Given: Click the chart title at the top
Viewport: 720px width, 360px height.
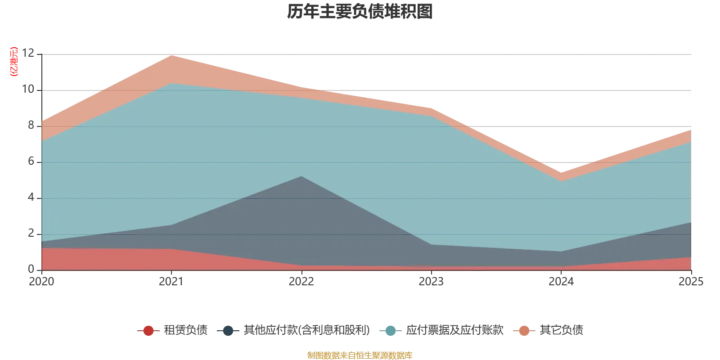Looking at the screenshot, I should click(360, 13).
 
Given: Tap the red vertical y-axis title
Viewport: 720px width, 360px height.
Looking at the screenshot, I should click(13, 62).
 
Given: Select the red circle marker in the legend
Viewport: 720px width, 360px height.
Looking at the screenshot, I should click(148, 331).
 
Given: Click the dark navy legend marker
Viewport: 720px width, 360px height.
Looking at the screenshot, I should click(228, 331).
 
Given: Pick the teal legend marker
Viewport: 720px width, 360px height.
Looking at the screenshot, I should click(391, 331).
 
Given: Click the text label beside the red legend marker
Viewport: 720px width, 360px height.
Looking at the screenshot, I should click(185, 331).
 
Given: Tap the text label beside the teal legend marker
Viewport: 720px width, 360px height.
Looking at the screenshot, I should click(454, 331).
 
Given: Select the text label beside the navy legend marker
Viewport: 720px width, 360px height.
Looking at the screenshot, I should click(306, 331).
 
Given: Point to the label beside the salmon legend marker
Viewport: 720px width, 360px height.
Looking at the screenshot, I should click(561, 331).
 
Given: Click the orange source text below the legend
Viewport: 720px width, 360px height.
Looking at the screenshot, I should click(360, 355).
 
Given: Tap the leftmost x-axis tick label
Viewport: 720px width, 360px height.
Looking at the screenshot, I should click(41, 282).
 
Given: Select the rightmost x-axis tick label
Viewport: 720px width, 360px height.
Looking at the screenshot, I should click(691, 282).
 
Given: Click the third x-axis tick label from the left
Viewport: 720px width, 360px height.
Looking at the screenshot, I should click(301, 282).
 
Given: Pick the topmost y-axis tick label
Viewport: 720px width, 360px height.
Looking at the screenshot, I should click(30, 53).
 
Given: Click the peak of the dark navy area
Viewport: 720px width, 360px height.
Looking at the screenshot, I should click(301, 177).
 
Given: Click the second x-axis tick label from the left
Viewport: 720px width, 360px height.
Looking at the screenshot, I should click(171, 282).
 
